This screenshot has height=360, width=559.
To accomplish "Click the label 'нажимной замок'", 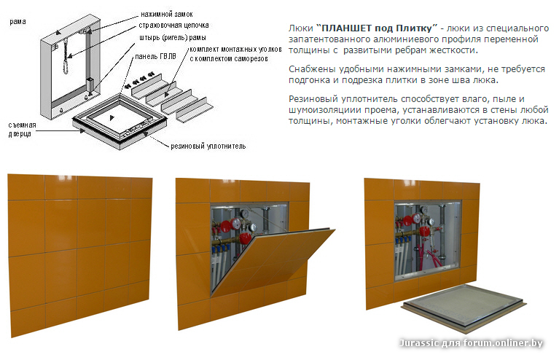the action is coord(166,15).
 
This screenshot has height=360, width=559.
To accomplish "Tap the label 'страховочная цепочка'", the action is coord(173,26).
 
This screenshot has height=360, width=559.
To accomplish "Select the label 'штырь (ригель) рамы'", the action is coord(173,37).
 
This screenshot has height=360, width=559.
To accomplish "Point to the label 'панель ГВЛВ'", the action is coord(155,56).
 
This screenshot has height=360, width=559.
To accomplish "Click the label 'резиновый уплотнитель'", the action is coord(208,146).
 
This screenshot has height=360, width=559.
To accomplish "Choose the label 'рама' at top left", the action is coord(17,21).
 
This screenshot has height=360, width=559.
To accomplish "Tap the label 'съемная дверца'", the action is coord(22,129).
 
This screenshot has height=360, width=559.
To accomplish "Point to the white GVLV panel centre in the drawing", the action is coord(112,117).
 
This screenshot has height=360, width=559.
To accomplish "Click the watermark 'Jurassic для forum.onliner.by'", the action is coord(471,343).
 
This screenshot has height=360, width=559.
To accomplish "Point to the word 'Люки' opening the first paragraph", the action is coord(300,28).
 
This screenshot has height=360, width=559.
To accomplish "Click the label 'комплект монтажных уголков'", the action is coord(235,50).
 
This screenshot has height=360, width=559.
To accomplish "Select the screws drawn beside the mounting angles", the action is coord(139,81).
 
